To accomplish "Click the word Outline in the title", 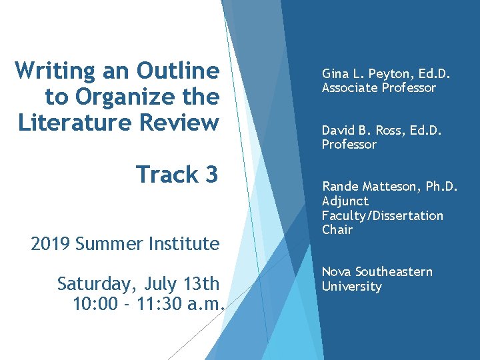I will [x=177, y=70].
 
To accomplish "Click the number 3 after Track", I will [x=211, y=175].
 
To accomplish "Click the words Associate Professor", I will [x=379, y=88].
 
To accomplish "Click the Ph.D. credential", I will [x=441, y=186].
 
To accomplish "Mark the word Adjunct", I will [x=345, y=201].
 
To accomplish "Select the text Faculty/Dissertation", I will [x=382, y=215].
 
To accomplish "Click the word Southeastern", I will [x=393, y=272].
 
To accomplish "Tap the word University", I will [x=351, y=287].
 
